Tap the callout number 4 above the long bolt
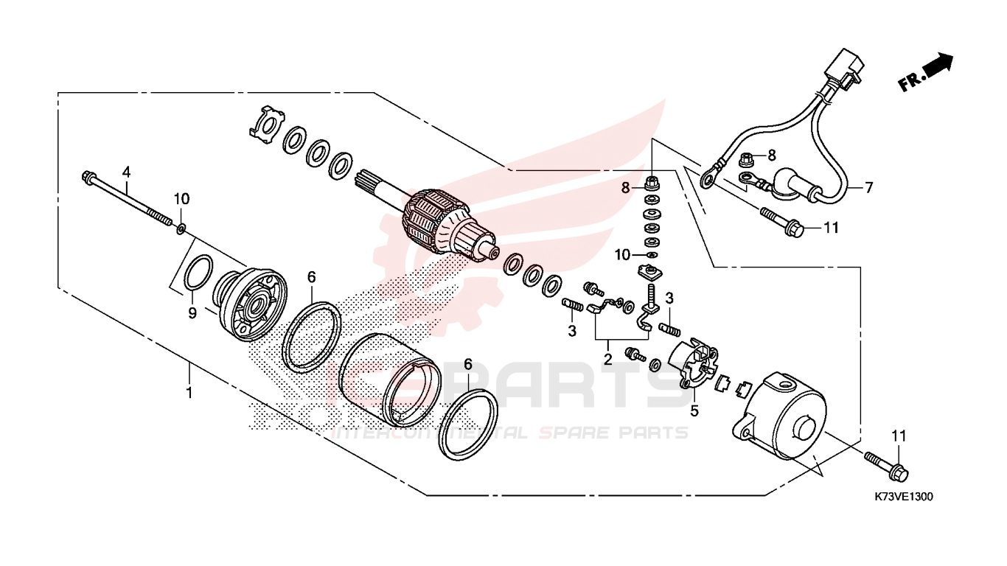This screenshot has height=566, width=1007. point(126,172)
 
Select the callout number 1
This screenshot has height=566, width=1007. point(189,393)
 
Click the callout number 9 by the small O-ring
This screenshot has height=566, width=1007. point(192,313)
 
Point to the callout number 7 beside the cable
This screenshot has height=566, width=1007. point(868,187)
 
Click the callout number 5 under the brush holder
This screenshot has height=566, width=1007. point(694,410)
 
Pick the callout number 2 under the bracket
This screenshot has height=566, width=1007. point(607,359)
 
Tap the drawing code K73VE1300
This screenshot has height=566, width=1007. point(897,497)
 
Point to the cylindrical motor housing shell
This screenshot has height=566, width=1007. point(388,379)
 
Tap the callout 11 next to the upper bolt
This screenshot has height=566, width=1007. point(832,228)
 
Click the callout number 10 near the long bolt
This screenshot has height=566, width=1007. point(181,198)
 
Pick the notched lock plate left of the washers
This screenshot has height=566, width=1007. point(267,125)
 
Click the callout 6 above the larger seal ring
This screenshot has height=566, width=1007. point(312,277)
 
